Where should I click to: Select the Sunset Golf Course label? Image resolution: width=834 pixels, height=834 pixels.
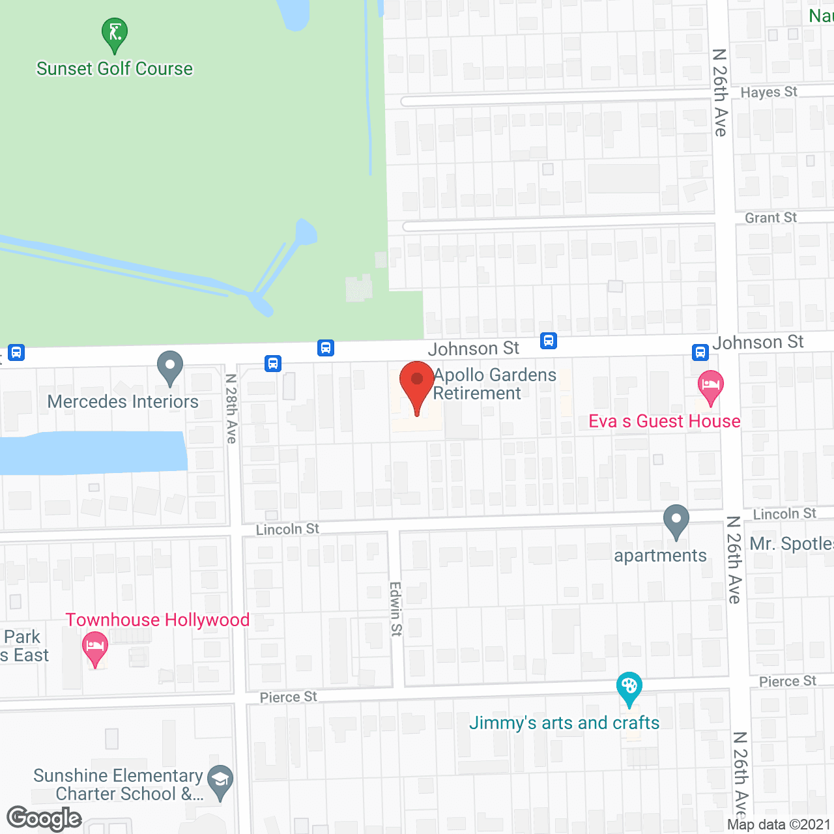115,68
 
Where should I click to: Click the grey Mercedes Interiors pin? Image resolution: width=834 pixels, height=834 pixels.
170,369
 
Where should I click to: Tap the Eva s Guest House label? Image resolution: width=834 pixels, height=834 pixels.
664,422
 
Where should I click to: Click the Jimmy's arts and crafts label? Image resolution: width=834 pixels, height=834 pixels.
564,723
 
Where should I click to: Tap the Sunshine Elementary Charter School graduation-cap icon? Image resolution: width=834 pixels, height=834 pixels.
220,782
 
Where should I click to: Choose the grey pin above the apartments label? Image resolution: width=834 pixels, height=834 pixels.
676,522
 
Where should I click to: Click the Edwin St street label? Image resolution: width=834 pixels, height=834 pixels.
396,609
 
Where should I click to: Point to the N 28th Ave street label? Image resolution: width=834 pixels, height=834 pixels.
231,409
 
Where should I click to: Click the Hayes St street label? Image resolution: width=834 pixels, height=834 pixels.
769,93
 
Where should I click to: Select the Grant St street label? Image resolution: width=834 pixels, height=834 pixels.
771,218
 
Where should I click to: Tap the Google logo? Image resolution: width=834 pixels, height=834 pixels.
44,818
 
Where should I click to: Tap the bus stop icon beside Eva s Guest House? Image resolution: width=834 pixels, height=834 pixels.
700,352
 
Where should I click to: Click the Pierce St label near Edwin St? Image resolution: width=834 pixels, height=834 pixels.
288,697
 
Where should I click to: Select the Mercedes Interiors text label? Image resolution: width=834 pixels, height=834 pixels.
123,401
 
